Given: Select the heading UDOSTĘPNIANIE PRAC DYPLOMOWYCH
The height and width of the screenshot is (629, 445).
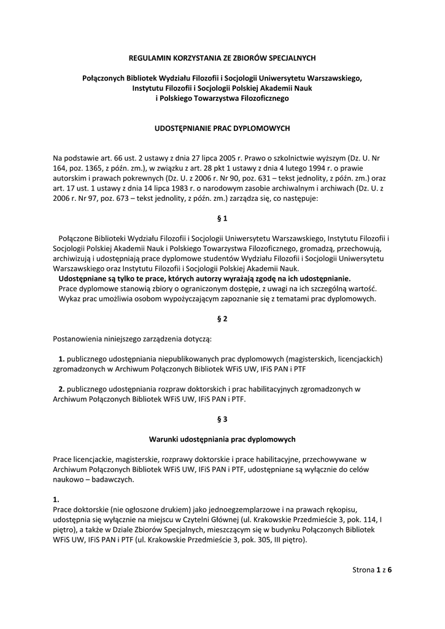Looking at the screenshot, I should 222,128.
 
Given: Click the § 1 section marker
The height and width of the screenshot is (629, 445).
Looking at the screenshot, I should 223,218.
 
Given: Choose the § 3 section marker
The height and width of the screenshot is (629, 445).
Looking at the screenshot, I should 223,419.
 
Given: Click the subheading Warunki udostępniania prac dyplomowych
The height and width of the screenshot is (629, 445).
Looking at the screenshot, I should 222,439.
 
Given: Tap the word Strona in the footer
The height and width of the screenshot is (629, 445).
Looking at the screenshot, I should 362,569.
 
